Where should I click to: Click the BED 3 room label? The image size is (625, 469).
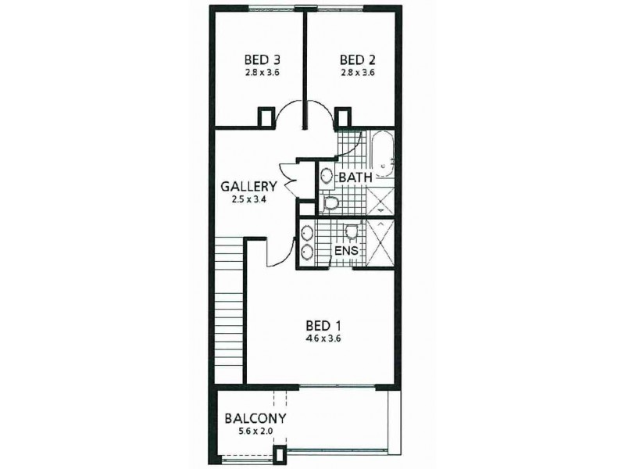pos(262,59)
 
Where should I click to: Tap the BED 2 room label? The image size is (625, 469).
pos(359,59)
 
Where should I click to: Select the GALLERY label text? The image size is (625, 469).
pos(248,187)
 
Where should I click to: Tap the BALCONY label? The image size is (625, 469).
pos(255,418)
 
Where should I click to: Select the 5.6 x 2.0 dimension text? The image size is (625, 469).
pos(255,431)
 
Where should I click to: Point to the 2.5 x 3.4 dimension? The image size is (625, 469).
pos(248,200)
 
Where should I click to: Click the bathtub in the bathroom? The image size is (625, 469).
pos(382,157)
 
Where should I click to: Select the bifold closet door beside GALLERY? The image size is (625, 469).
pos(285,179)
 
